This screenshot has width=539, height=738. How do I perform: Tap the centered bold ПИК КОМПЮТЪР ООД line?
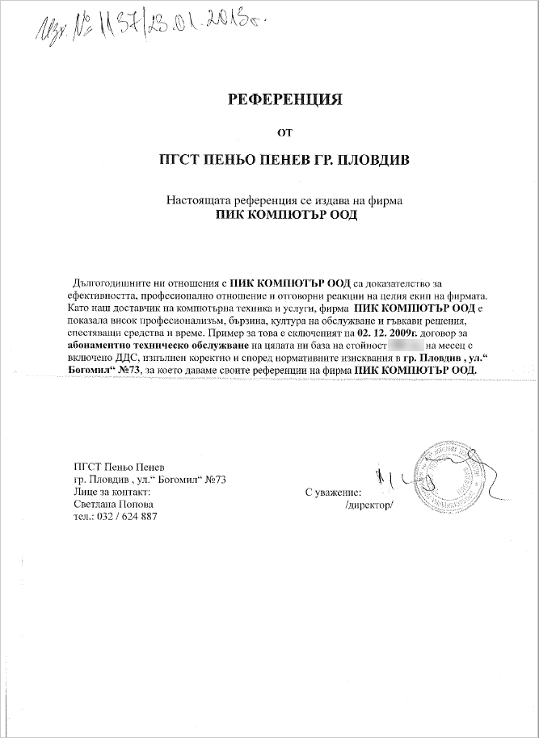tap(286, 216)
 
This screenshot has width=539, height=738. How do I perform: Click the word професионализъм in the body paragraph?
tap(179, 320)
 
